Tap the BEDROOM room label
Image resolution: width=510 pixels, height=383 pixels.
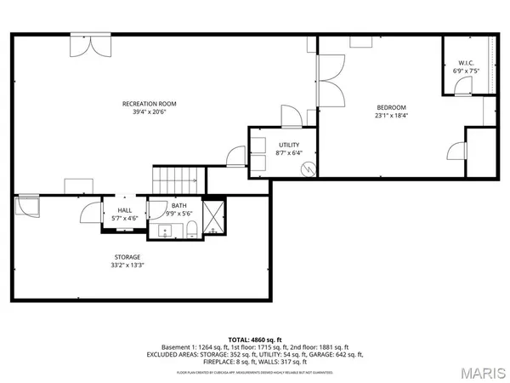[392, 107]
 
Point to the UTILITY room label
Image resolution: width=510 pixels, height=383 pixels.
[290, 145]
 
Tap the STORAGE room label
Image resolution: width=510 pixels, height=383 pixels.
[127, 256]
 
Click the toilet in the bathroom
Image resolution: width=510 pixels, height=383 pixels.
[191, 226]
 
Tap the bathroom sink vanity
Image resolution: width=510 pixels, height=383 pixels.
[161, 229]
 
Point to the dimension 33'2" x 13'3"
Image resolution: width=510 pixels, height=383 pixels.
[127, 265]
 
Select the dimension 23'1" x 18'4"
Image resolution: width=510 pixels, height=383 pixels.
[392, 116]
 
